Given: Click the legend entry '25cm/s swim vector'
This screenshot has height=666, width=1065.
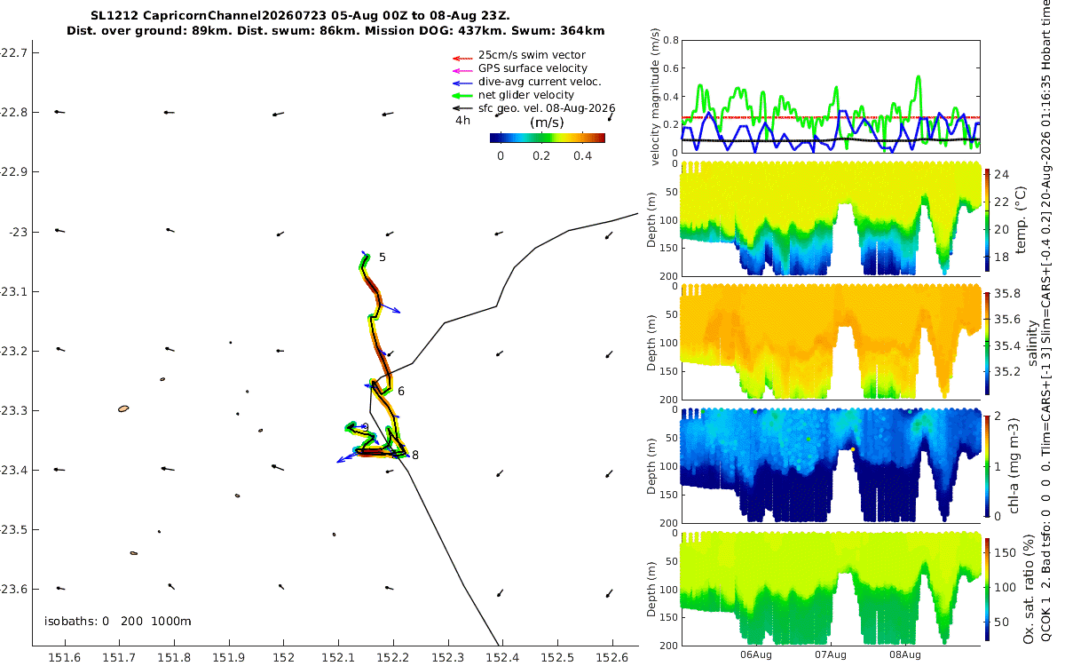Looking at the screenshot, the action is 532,55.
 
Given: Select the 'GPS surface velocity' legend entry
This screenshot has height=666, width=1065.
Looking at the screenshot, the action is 532,68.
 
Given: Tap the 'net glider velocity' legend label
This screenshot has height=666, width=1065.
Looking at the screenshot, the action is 525,95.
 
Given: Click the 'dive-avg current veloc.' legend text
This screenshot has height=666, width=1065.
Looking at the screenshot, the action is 540,82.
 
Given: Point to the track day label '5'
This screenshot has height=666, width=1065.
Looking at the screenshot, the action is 383,258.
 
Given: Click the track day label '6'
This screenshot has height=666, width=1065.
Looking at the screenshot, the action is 401,392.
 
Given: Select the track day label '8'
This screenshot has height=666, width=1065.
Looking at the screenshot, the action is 415,456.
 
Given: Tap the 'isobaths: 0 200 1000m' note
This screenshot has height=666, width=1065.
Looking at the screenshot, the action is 117,622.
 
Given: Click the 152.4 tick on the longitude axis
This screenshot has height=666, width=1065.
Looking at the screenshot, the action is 502,658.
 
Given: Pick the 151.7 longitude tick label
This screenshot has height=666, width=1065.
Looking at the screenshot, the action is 119,658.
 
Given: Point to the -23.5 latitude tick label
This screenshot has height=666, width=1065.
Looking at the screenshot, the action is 12,530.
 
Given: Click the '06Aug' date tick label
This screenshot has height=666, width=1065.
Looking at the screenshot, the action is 755,655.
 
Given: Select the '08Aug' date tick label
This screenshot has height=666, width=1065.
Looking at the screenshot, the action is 904,655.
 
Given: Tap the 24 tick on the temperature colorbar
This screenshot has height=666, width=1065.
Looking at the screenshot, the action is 1001,175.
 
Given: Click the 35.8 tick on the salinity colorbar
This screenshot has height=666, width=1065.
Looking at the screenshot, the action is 1007,294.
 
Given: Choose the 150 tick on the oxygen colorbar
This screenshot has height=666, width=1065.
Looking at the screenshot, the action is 1005,552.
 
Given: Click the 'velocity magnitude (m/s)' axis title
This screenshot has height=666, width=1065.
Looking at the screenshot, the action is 655,97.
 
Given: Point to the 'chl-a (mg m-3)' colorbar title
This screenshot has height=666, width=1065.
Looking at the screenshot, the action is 1014,466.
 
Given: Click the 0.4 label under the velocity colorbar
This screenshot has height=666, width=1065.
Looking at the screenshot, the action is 582,156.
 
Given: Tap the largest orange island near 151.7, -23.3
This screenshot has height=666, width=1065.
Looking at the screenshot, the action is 123,408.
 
